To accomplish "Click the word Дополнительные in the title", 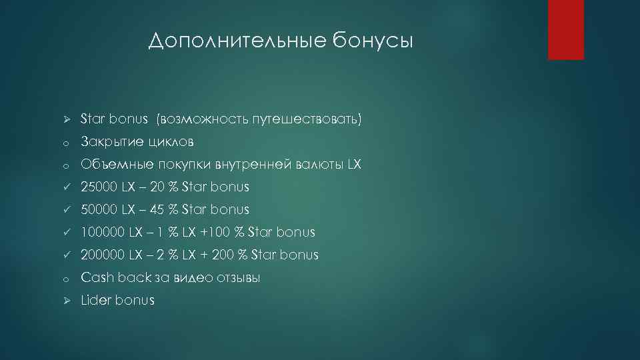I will point(237,41).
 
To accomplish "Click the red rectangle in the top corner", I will point(565,29).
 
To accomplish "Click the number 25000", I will point(100,187).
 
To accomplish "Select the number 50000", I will point(100,210).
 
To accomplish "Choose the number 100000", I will point(103,233).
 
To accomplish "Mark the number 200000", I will point(103,255).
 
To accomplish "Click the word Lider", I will point(96,301).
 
